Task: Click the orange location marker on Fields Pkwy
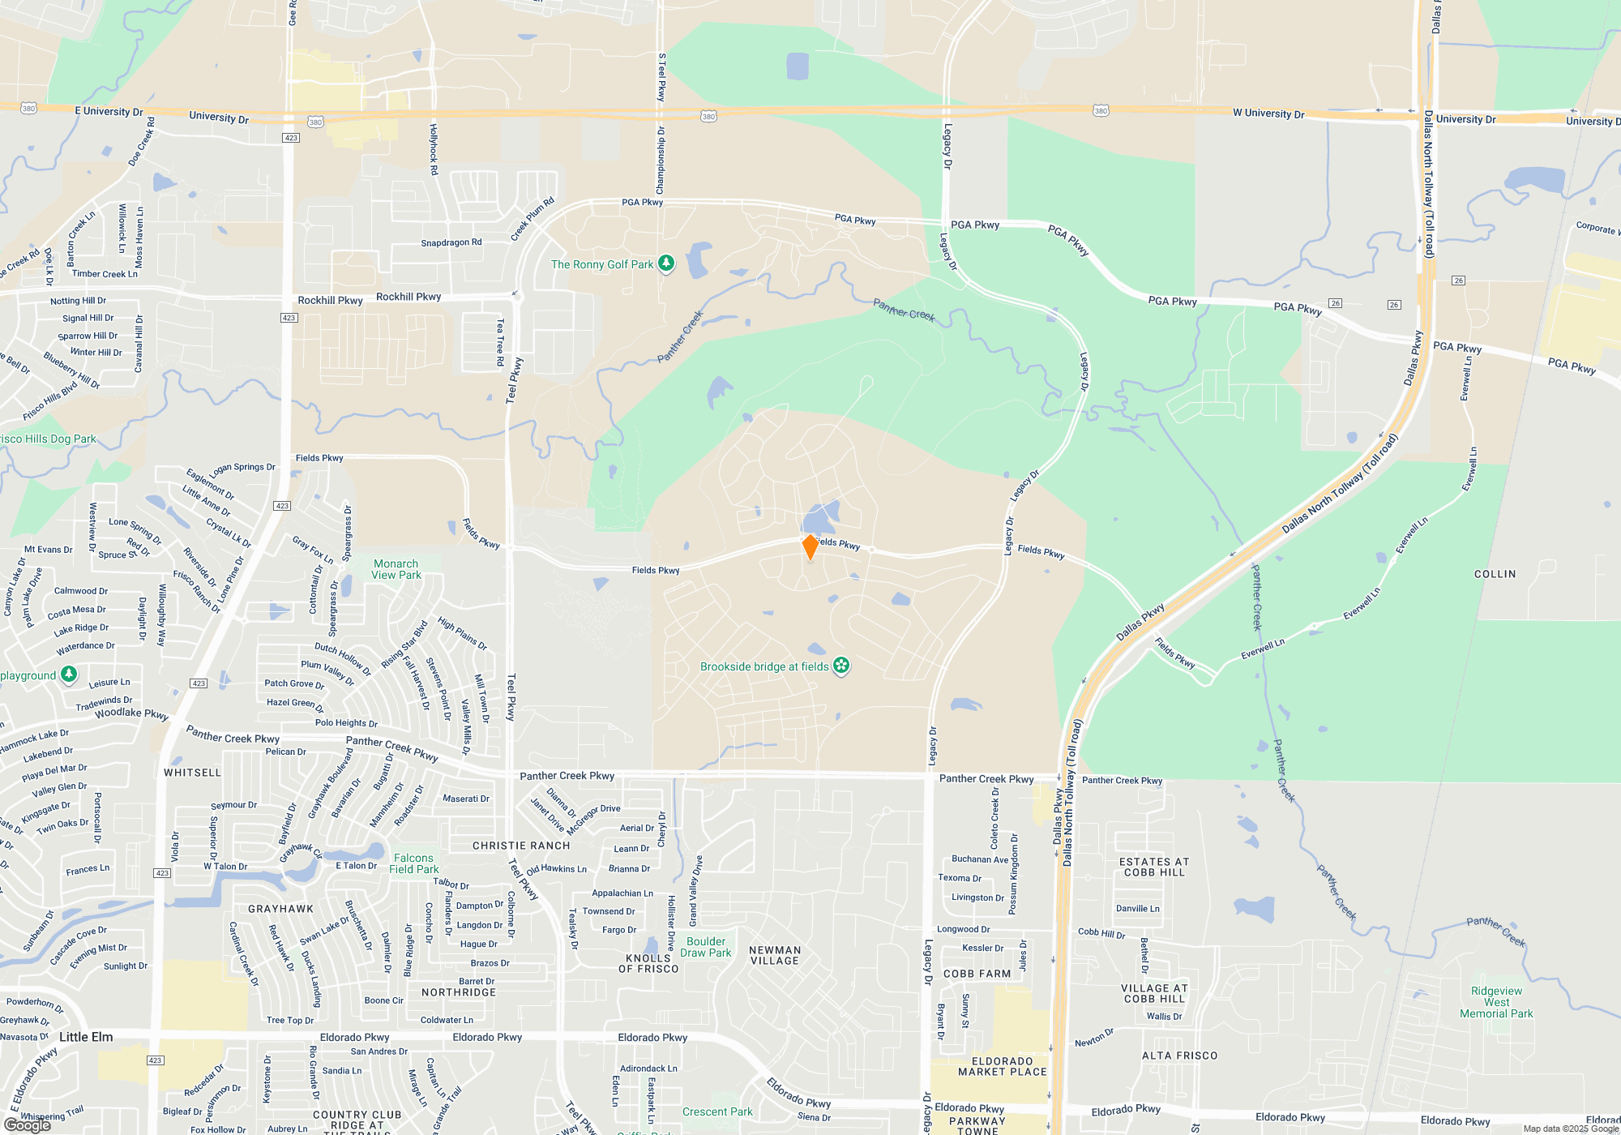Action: tap(810, 546)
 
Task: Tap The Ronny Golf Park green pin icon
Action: tap(666, 263)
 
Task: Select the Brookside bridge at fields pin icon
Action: tap(841, 666)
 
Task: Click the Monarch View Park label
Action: tap(396, 569)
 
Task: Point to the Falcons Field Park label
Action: tap(413, 863)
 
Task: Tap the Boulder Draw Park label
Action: tap(705, 947)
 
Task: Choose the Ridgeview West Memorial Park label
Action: tap(1496, 1002)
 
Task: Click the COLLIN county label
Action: tap(1495, 574)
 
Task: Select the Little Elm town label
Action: tap(86, 1037)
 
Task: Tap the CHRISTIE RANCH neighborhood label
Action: tap(521, 846)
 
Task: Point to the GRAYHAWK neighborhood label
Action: tap(280, 909)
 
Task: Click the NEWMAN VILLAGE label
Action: tap(775, 955)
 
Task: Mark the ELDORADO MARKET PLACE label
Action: tap(1002, 1066)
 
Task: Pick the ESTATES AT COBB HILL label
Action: tap(1154, 867)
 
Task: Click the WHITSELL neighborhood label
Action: tap(192, 773)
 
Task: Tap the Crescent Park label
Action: tap(717, 1111)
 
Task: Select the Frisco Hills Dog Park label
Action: tap(49, 439)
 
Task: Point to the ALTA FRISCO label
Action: tap(1179, 1056)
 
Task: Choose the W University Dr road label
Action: tap(1268, 113)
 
